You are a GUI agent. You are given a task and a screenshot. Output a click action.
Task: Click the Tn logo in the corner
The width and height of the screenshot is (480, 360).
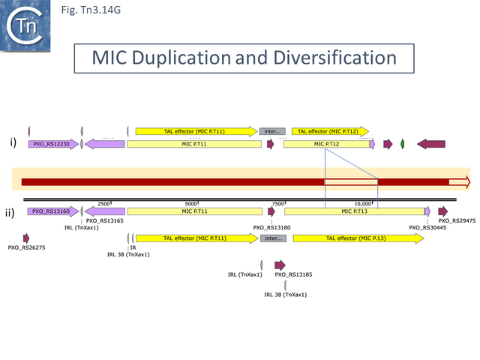point(26,25)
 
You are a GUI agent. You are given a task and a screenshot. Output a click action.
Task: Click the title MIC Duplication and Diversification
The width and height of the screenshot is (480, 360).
point(244,58)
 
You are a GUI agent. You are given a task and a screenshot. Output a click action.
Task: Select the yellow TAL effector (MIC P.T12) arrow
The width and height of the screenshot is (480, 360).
point(331,131)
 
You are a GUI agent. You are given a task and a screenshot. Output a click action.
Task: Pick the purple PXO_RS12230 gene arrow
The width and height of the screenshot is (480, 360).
point(53,144)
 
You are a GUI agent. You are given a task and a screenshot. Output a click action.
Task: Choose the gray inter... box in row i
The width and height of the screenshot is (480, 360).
point(271,131)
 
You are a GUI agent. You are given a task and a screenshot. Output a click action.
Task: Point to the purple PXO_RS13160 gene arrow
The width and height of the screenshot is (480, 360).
point(53,211)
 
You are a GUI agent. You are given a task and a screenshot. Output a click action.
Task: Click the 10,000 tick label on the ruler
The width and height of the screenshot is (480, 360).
point(364,203)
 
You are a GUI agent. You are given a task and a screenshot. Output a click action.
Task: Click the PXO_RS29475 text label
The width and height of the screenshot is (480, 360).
point(457,220)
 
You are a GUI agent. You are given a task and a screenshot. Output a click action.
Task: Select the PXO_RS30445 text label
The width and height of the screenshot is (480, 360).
point(427,227)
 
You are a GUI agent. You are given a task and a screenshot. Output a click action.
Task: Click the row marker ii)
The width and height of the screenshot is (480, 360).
point(12,213)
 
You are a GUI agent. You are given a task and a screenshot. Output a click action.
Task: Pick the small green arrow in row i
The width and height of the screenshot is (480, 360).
point(403,143)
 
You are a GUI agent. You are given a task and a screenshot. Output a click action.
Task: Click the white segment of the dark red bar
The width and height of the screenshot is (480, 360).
point(350,182)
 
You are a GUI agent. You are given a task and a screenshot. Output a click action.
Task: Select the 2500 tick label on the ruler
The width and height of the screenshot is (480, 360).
point(104,203)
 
